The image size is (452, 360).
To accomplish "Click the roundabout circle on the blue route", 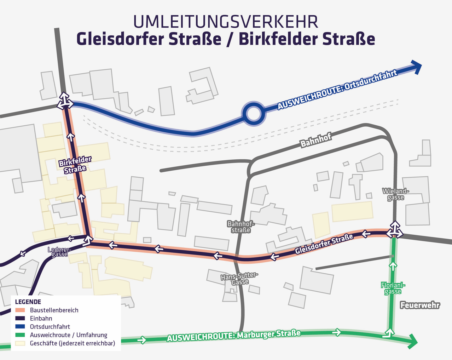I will click(253, 114).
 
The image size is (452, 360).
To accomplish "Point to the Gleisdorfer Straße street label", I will click(324, 244).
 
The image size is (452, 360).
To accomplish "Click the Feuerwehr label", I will click(420, 305).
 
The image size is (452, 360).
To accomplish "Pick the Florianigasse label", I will click(393, 288).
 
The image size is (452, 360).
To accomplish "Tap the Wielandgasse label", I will click(395, 194).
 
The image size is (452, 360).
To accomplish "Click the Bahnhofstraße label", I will click(241, 227).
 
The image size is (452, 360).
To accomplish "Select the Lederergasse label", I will click(59, 252).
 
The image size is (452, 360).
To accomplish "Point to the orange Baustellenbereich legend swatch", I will click(20, 310).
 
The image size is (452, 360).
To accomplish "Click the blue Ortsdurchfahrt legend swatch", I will click(20, 327).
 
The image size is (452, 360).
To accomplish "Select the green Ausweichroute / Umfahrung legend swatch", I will click(20, 335).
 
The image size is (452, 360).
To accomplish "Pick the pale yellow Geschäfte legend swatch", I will click(20, 343).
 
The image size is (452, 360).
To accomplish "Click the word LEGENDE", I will click(28, 302).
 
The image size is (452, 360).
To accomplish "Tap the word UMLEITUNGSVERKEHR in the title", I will click(226, 22).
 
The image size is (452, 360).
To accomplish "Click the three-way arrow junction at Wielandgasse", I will click(395, 230).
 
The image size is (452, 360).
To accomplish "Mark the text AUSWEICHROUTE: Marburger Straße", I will click(234, 336).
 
